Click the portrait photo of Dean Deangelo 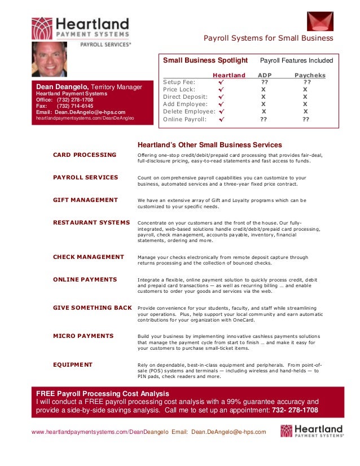tap(49, 59)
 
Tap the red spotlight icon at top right tap(320, 21)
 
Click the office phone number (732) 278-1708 tap(75, 100)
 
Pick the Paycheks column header tap(310, 75)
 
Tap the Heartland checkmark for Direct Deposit tap(221, 97)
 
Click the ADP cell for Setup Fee tap(264, 82)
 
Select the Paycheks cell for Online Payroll tap(306, 120)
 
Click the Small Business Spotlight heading tap(205, 60)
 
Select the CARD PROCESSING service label tap(85, 155)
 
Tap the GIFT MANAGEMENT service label tap(85, 200)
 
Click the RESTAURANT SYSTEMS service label tap(91, 222)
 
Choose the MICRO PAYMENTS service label tap(83, 336)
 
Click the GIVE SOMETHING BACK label tap(93, 307)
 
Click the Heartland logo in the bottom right tap(311, 432)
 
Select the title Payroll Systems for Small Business tap(269, 38)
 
